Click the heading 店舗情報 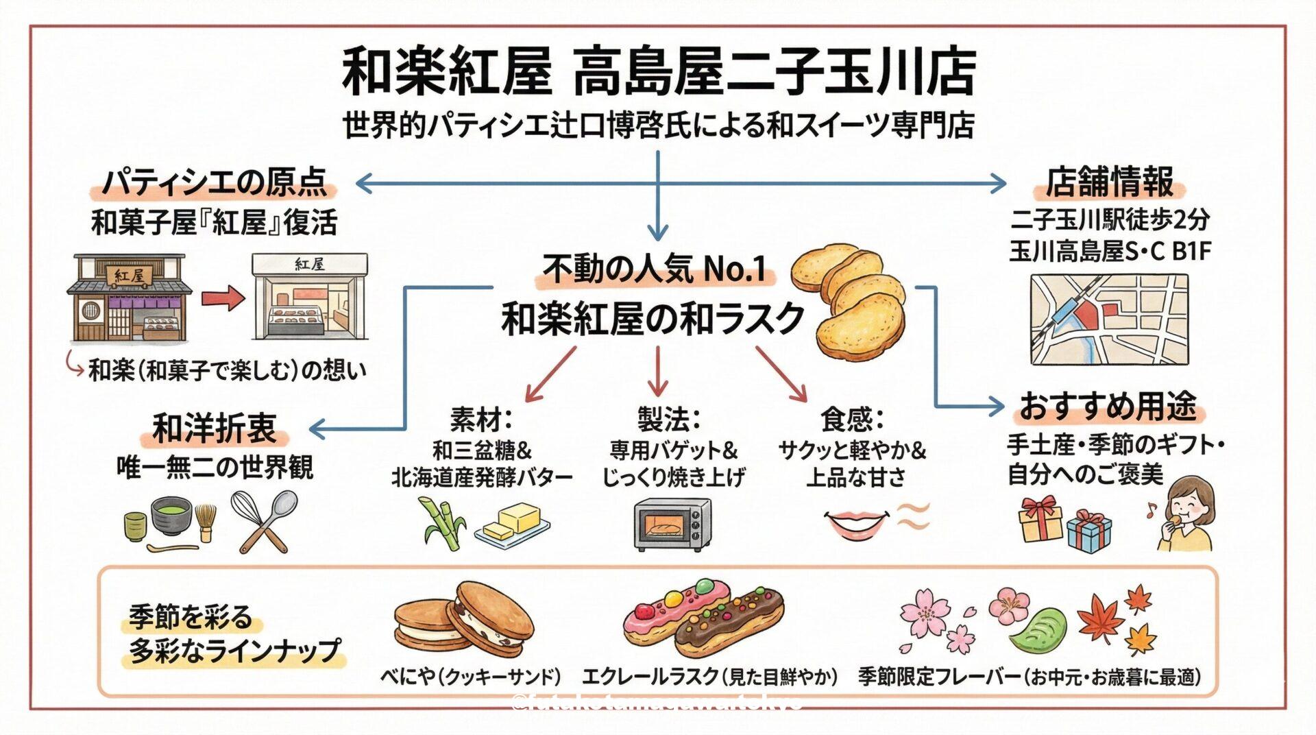pos(1108,182)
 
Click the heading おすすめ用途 pos(1108,406)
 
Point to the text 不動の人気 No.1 pos(654,269)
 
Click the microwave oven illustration pos(672,525)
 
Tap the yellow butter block pos(514,521)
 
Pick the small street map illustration pos(1108,320)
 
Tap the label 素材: pos(481,418)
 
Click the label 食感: pos(852,418)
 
